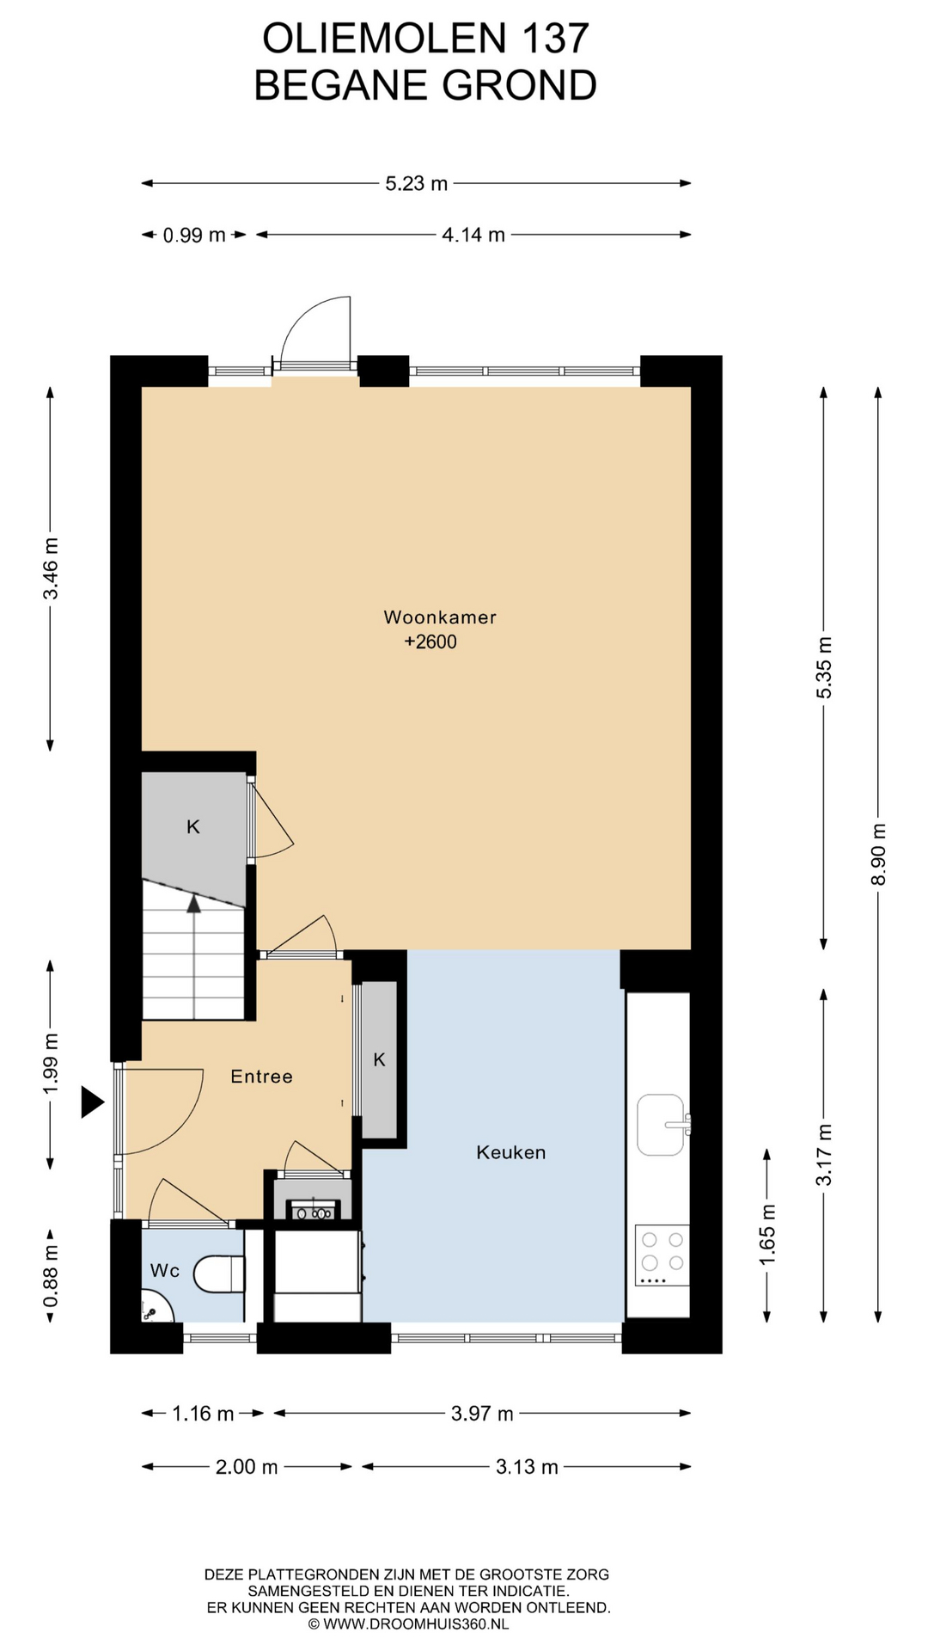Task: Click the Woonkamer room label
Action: coord(440,617)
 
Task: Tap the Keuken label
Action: coord(511,1152)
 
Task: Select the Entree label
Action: coord(262,1077)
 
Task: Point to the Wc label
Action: coord(165,1270)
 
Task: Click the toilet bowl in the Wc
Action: coord(220,1274)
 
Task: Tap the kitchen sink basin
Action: coord(661,1124)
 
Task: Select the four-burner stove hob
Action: coord(662,1255)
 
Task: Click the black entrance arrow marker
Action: coord(92,1102)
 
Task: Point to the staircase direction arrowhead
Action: coord(194,903)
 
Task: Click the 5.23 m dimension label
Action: coord(417,183)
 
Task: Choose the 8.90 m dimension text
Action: coord(878,855)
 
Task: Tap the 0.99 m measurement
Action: coord(194,235)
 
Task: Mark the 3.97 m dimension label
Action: coord(482,1414)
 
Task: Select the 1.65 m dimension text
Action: coord(767,1234)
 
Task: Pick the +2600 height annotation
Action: coord(430,641)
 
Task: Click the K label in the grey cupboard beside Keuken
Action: coord(379,1060)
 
